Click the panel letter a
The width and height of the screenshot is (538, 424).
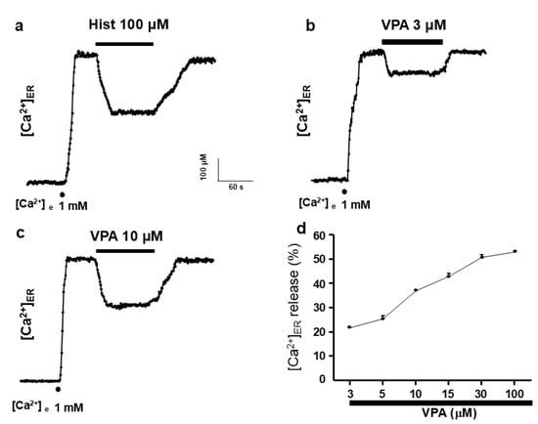click(x=14, y=26)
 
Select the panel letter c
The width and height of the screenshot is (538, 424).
click(x=14, y=233)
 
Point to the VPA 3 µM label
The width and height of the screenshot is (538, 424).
click(x=411, y=25)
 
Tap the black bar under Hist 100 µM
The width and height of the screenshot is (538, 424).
click(x=124, y=44)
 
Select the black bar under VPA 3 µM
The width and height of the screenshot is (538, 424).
click(x=412, y=42)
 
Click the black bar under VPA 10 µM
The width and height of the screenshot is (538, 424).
click(x=124, y=250)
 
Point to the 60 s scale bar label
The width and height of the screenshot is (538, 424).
click(x=236, y=186)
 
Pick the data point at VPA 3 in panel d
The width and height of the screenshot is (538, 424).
click(x=349, y=326)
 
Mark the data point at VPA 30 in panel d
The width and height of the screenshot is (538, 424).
click(x=482, y=256)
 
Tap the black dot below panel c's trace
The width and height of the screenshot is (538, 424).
click(x=60, y=388)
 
